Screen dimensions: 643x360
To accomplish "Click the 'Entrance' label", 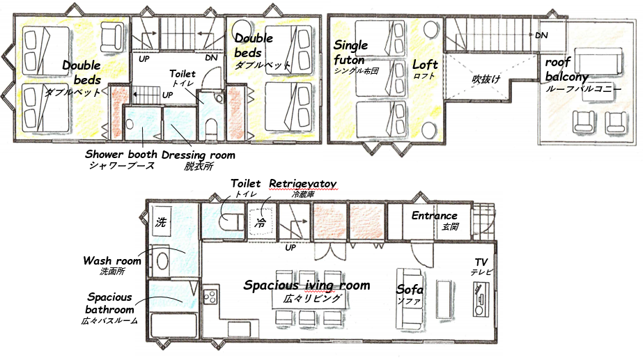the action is click(434, 216).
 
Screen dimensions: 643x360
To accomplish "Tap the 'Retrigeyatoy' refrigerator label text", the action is click(302, 183).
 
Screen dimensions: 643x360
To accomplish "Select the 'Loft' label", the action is click(425, 64).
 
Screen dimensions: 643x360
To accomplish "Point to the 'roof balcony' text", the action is click(566, 70).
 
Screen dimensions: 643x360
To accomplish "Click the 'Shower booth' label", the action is click(121, 154).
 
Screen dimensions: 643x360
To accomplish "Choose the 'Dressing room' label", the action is click(199, 155).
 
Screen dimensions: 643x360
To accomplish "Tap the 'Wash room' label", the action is click(112, 261).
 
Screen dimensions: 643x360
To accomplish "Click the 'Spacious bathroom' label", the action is click(109, 303).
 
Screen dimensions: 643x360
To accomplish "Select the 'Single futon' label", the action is click(350, 52).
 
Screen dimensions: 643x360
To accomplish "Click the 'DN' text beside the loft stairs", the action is click(541, 36).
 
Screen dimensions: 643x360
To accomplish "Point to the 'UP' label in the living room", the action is click(290, 248).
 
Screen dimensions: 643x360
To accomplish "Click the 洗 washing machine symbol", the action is click(161, 221).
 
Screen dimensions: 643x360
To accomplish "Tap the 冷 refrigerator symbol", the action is click(261, 222).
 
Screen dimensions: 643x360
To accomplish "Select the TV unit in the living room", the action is click(481, 299).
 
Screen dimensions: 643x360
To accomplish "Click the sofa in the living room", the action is click(409, 298).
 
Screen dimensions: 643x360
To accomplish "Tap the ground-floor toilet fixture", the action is click(228, 222).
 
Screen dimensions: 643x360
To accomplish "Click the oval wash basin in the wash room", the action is click(162, 261).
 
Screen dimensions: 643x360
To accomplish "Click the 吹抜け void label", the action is click(486, 78).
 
